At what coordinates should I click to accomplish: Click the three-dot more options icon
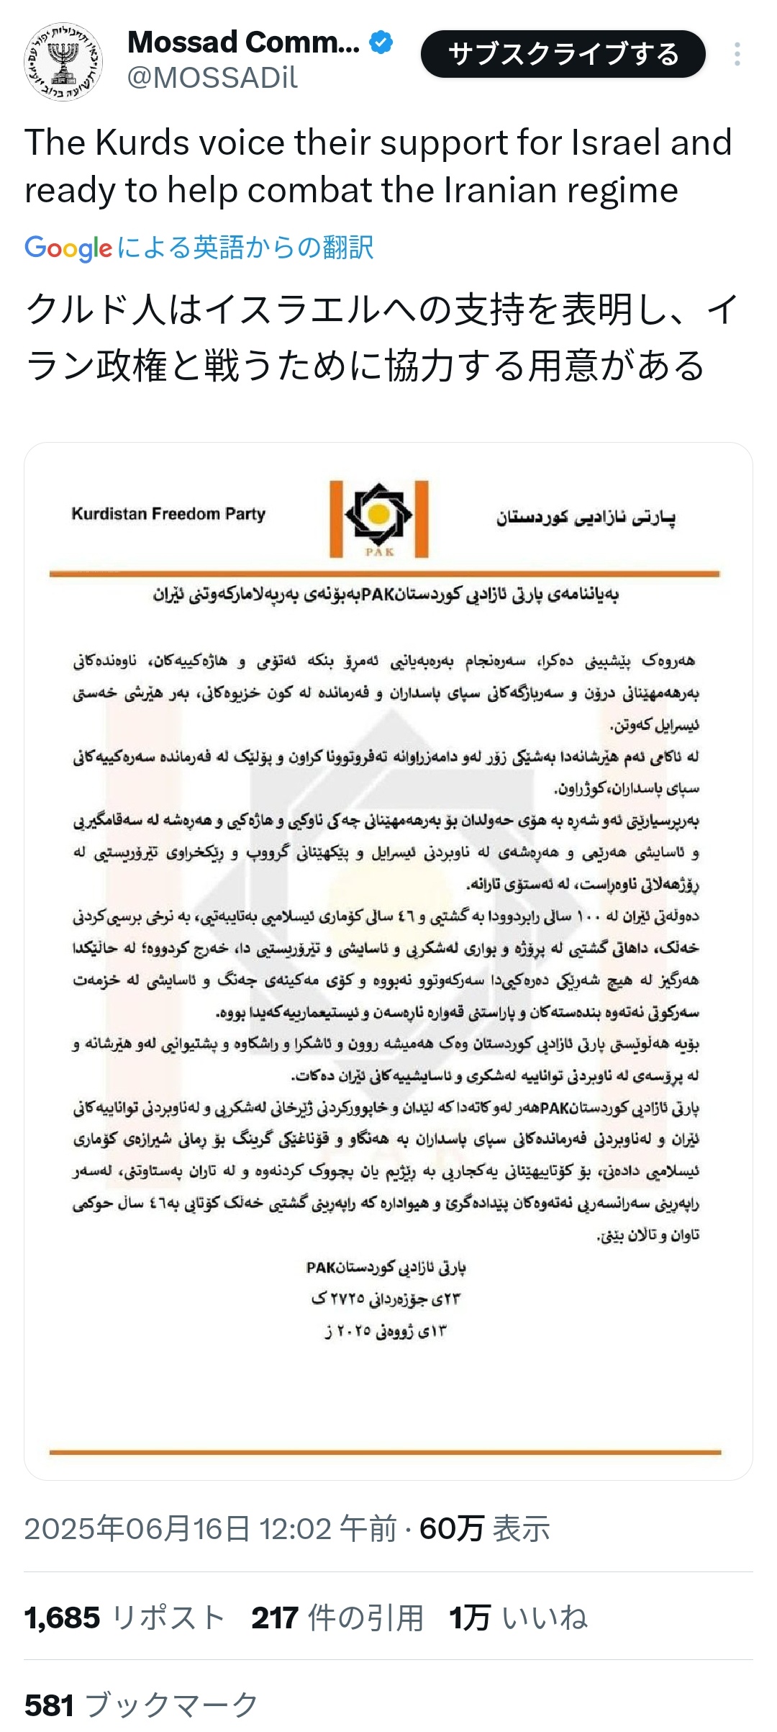tap(737, 55)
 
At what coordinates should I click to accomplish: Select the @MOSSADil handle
tap(212, 78)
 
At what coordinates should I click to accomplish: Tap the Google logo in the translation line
tap(68, 248)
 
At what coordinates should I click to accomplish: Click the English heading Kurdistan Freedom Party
tap(168, 514)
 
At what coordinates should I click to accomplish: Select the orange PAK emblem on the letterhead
tap(379, 518)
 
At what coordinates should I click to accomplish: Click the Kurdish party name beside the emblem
tap(586, 517)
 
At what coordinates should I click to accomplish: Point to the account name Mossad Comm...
tap(243, 42)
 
